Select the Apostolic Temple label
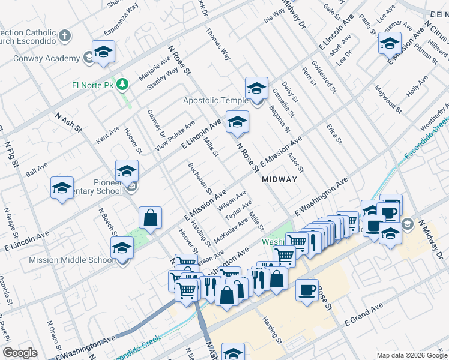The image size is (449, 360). point(215,101)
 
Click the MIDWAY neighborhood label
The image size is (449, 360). point(279,179)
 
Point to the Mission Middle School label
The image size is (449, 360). point(71,260)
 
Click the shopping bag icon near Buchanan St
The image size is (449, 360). point(151,218)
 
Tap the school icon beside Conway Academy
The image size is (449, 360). point(103,52)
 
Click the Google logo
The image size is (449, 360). point(20,353)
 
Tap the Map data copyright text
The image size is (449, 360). point(411,355)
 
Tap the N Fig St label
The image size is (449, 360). point(12,153)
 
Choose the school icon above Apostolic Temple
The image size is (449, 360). point(256,89)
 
